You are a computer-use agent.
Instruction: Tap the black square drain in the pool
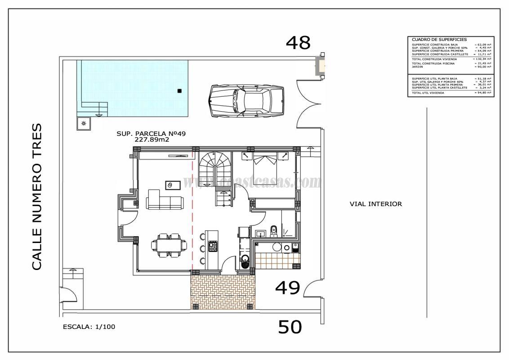point(179,91)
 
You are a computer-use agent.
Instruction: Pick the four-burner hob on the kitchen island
point(213,247)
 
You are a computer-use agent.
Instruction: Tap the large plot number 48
point(299,43)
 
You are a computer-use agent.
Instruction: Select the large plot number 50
point(290,327)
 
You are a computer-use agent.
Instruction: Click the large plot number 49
point(288,288)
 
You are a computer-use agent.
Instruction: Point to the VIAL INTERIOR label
point(375,204)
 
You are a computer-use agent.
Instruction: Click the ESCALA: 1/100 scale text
point(89,327)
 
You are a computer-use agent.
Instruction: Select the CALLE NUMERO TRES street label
point(38,197)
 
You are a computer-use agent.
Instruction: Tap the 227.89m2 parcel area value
point(152,140)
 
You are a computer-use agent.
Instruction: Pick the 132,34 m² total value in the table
point(482,59)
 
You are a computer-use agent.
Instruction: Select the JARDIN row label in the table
point(418,67)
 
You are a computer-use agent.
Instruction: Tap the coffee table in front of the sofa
point(173,185)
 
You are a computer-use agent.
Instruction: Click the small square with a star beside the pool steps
point(84,123)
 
